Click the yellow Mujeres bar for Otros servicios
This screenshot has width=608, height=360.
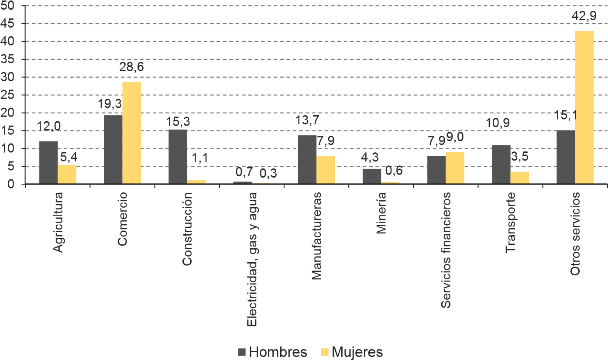pyautogui.click(x=584, y=107)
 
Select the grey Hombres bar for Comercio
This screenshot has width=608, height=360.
pyautogui.click(x=113, y=149)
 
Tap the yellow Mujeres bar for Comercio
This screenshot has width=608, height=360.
pyautogui.click(x=132, y=133)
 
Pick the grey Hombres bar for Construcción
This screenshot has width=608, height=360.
pyautogui.click(x=178, y=156)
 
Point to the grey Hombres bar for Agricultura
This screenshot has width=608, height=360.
pyautogui.click(x=48, y=162)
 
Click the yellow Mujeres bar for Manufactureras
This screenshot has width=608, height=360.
pyautogui.click(x=326, y=170)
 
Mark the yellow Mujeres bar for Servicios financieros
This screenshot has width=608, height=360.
pyautogui.click(x=455, y=168)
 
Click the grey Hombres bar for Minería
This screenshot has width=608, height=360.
pyautogui.click(x=372, y=176)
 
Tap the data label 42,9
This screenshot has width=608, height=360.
pyautogui.click(x=584, y=17)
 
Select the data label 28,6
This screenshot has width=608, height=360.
pyautogui.click(x=132, y=68)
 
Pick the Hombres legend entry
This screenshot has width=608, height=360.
pyautogui.click(x=272, y=352)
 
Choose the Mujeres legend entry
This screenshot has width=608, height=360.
pyautogui.click(x=351, y=352)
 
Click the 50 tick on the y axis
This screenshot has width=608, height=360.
pyautogui.click(x=8, y=6)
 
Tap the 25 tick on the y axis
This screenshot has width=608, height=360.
pyautogui.click(x=8, y=95)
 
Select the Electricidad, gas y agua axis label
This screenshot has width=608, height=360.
pyautogui.click(x=253, y=260)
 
